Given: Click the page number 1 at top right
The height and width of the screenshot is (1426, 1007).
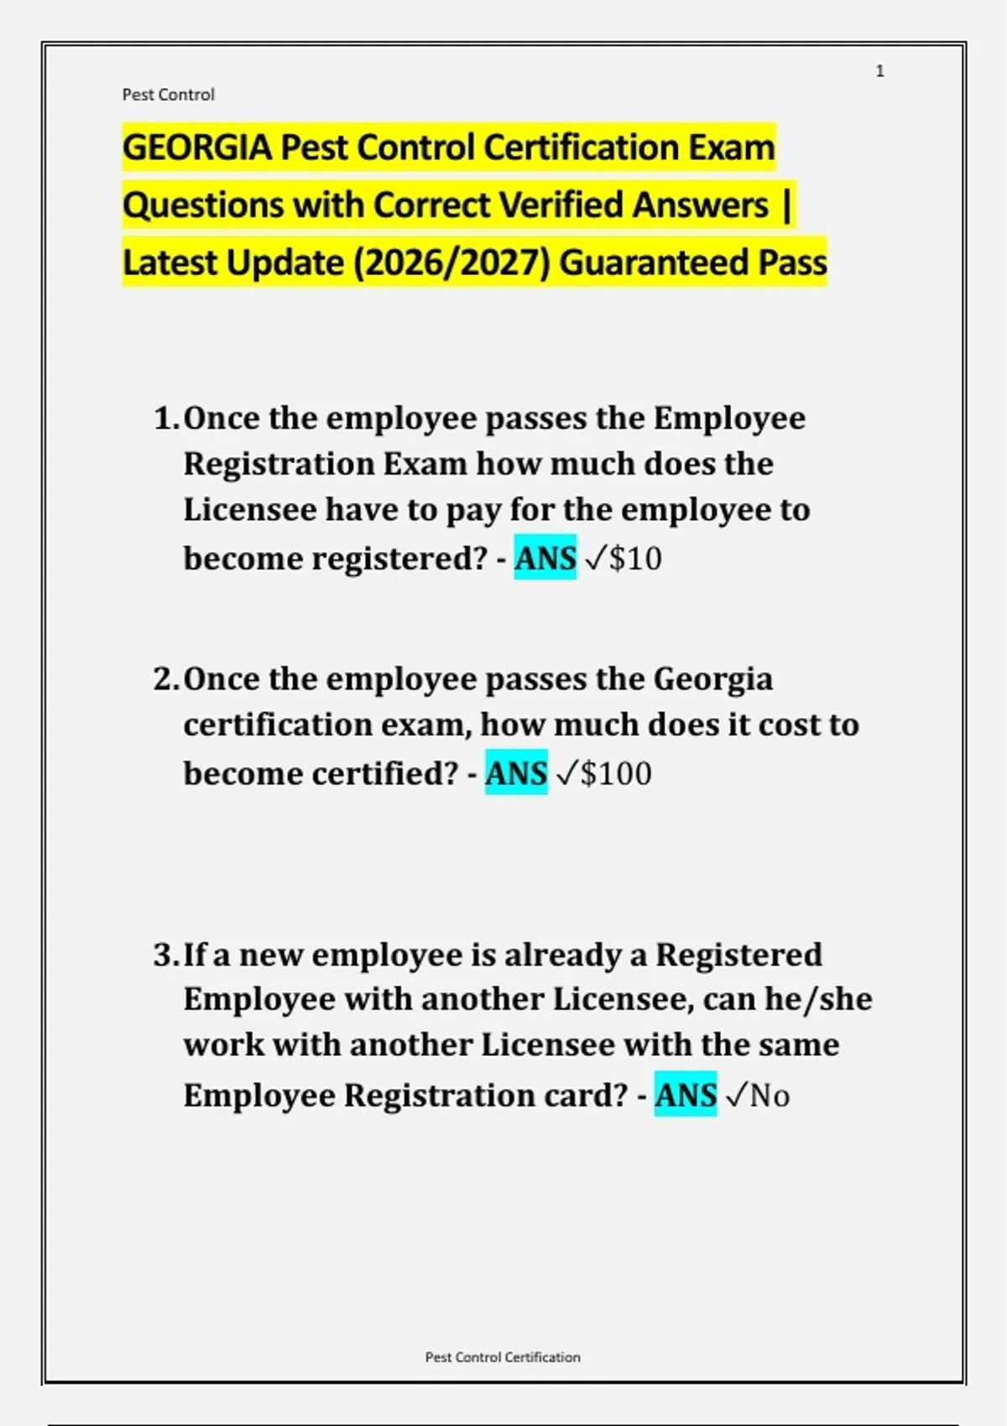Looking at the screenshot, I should click(879, 71).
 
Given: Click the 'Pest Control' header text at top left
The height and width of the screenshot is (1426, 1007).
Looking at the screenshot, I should click(168, 95).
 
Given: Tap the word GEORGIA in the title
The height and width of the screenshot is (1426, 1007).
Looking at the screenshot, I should click(197, 148).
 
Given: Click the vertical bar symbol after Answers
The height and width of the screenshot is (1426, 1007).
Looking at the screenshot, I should click(785, 205).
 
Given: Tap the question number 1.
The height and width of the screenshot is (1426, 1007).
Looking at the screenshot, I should click(164, 418).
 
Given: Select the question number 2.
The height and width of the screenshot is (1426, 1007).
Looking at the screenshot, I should click(164, 679).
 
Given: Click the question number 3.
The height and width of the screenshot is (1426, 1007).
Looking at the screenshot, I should click(164, 955).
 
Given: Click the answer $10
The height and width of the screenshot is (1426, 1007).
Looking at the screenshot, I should click(635, 559).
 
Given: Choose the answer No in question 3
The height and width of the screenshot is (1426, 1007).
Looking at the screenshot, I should click(770, 1096).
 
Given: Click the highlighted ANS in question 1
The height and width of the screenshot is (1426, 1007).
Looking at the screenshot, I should click(545, 558).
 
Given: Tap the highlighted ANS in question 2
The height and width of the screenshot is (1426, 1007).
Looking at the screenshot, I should click(516, 773).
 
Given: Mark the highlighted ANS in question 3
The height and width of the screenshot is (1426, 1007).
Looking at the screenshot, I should click(686, 1095).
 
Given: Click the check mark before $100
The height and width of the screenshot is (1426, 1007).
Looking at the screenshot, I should click(566, 773).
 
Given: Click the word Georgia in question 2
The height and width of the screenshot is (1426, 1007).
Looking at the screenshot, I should click(712, 679).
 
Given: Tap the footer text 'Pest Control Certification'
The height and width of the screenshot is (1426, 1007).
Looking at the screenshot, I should click(503, 1356).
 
